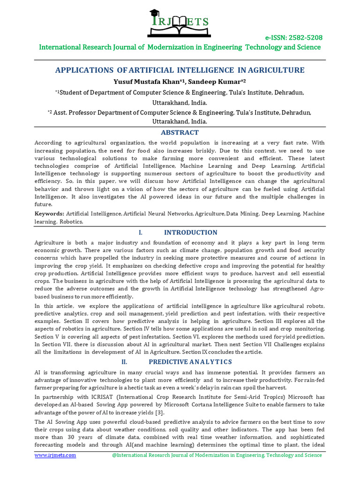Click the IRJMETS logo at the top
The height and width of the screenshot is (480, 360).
180,23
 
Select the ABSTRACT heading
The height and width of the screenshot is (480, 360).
180,133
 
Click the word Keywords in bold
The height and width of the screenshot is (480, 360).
50,214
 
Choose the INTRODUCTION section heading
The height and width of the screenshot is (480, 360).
190,232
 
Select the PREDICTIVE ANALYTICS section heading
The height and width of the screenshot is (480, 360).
190,362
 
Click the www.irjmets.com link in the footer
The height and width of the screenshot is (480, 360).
55,455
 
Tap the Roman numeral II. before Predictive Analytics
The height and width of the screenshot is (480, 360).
124,362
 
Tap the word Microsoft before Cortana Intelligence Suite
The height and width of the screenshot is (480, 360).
154,405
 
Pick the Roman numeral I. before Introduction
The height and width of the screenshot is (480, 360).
140,232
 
